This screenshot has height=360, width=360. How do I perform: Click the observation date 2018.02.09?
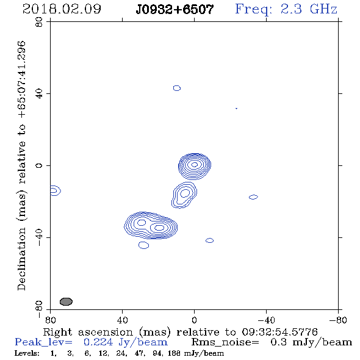click(x=62, y=9)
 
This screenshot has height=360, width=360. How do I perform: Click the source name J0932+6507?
click(x=175, y=9)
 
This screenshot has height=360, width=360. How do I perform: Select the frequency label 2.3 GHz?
click(x=309, y=9)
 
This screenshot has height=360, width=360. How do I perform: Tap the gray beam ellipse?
click(x=66, y=301)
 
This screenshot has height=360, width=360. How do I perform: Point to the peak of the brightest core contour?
click(x=195, y=164)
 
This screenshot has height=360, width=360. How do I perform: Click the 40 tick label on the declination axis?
click(x=39, y=94)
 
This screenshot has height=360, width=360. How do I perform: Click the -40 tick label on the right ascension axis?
click(x=266, y=320)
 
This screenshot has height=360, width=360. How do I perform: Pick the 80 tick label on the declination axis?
click(x=39, y=22)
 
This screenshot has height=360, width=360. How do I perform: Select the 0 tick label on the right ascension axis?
click(x=194, y=320)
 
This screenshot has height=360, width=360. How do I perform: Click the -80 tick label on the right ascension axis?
click(x=338, y=320)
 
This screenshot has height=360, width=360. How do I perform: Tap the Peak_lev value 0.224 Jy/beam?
click(x=125, y=342)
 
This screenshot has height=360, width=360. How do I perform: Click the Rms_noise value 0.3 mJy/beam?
click(x=311, y=342)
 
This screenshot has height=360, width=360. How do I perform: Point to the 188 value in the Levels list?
click(x=174, y=353)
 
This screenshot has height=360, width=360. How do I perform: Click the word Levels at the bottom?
click(x=27, y=353)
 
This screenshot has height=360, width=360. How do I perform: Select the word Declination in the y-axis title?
click(x=21, y=259)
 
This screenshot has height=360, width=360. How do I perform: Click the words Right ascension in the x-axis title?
click(x=88, y=332)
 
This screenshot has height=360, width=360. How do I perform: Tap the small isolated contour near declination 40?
click(x=177, y=88)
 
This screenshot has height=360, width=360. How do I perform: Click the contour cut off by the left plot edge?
click(x=56, y=190)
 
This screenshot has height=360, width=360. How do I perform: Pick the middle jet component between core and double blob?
click(x=184, y=195)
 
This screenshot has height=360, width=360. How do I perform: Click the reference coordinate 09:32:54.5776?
click(x=279, y=332)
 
